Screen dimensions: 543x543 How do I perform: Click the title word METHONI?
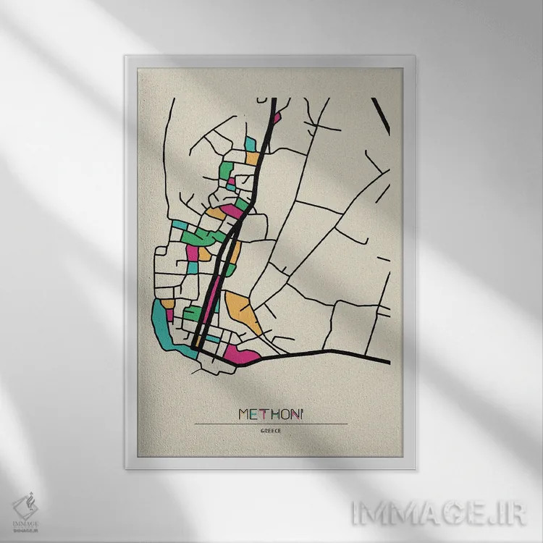[x=271, y=413]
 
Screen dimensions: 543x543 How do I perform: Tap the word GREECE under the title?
[x=271, y=432]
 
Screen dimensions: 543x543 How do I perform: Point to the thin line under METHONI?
[x=271, y=424]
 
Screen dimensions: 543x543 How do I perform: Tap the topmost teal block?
[x=250, y=144]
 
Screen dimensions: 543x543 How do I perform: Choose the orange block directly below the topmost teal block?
[x=251, y=158]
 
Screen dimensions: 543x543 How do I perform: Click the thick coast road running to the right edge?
[x=326, y=353]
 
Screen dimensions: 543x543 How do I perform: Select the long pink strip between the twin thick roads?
[x=211, y=304]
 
